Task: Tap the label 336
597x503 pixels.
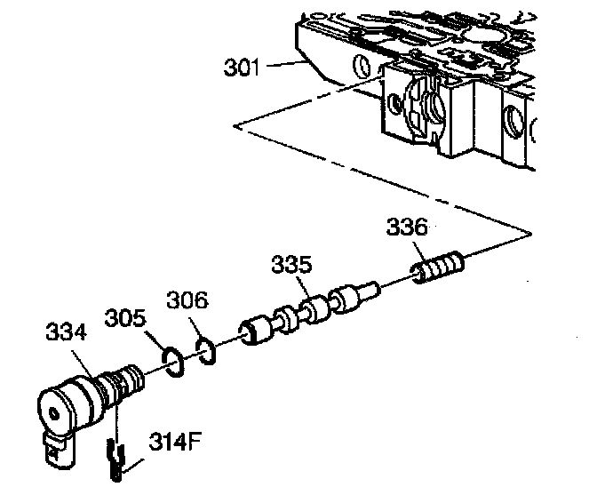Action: point(406,228)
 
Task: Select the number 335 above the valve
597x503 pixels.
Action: point(292,265)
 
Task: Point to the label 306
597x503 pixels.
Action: point(188,302)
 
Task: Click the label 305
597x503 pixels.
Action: point(125,316)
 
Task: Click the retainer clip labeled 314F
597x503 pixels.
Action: point(115,461)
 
